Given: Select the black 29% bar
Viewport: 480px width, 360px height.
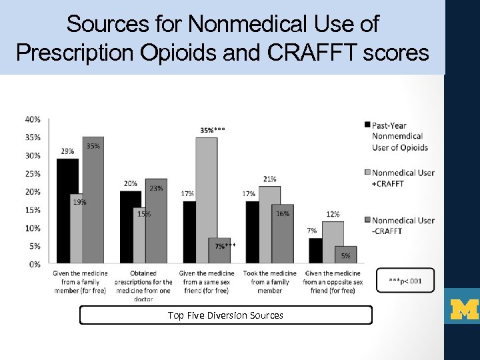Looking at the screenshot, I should point(67,211).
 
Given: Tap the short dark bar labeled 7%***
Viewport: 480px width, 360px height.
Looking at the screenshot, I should point(220,250).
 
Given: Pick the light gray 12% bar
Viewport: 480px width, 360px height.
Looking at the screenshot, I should point(333,242).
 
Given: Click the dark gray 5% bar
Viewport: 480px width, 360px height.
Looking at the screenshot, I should point(345,255).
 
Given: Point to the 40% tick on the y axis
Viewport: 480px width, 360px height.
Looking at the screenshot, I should point(33,119).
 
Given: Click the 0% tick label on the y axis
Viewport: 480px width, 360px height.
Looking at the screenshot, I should point(35,264).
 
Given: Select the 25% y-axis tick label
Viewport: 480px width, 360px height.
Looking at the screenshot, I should point(33,173).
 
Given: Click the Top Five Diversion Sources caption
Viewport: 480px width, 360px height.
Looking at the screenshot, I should point(225,315).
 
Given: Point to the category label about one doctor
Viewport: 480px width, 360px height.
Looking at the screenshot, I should point(143,286).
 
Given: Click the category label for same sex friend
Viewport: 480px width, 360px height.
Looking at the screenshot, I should point(207,282).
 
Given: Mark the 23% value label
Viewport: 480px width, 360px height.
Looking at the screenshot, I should point(156,188).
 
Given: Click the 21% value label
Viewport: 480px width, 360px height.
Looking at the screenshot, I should point(270,179).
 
